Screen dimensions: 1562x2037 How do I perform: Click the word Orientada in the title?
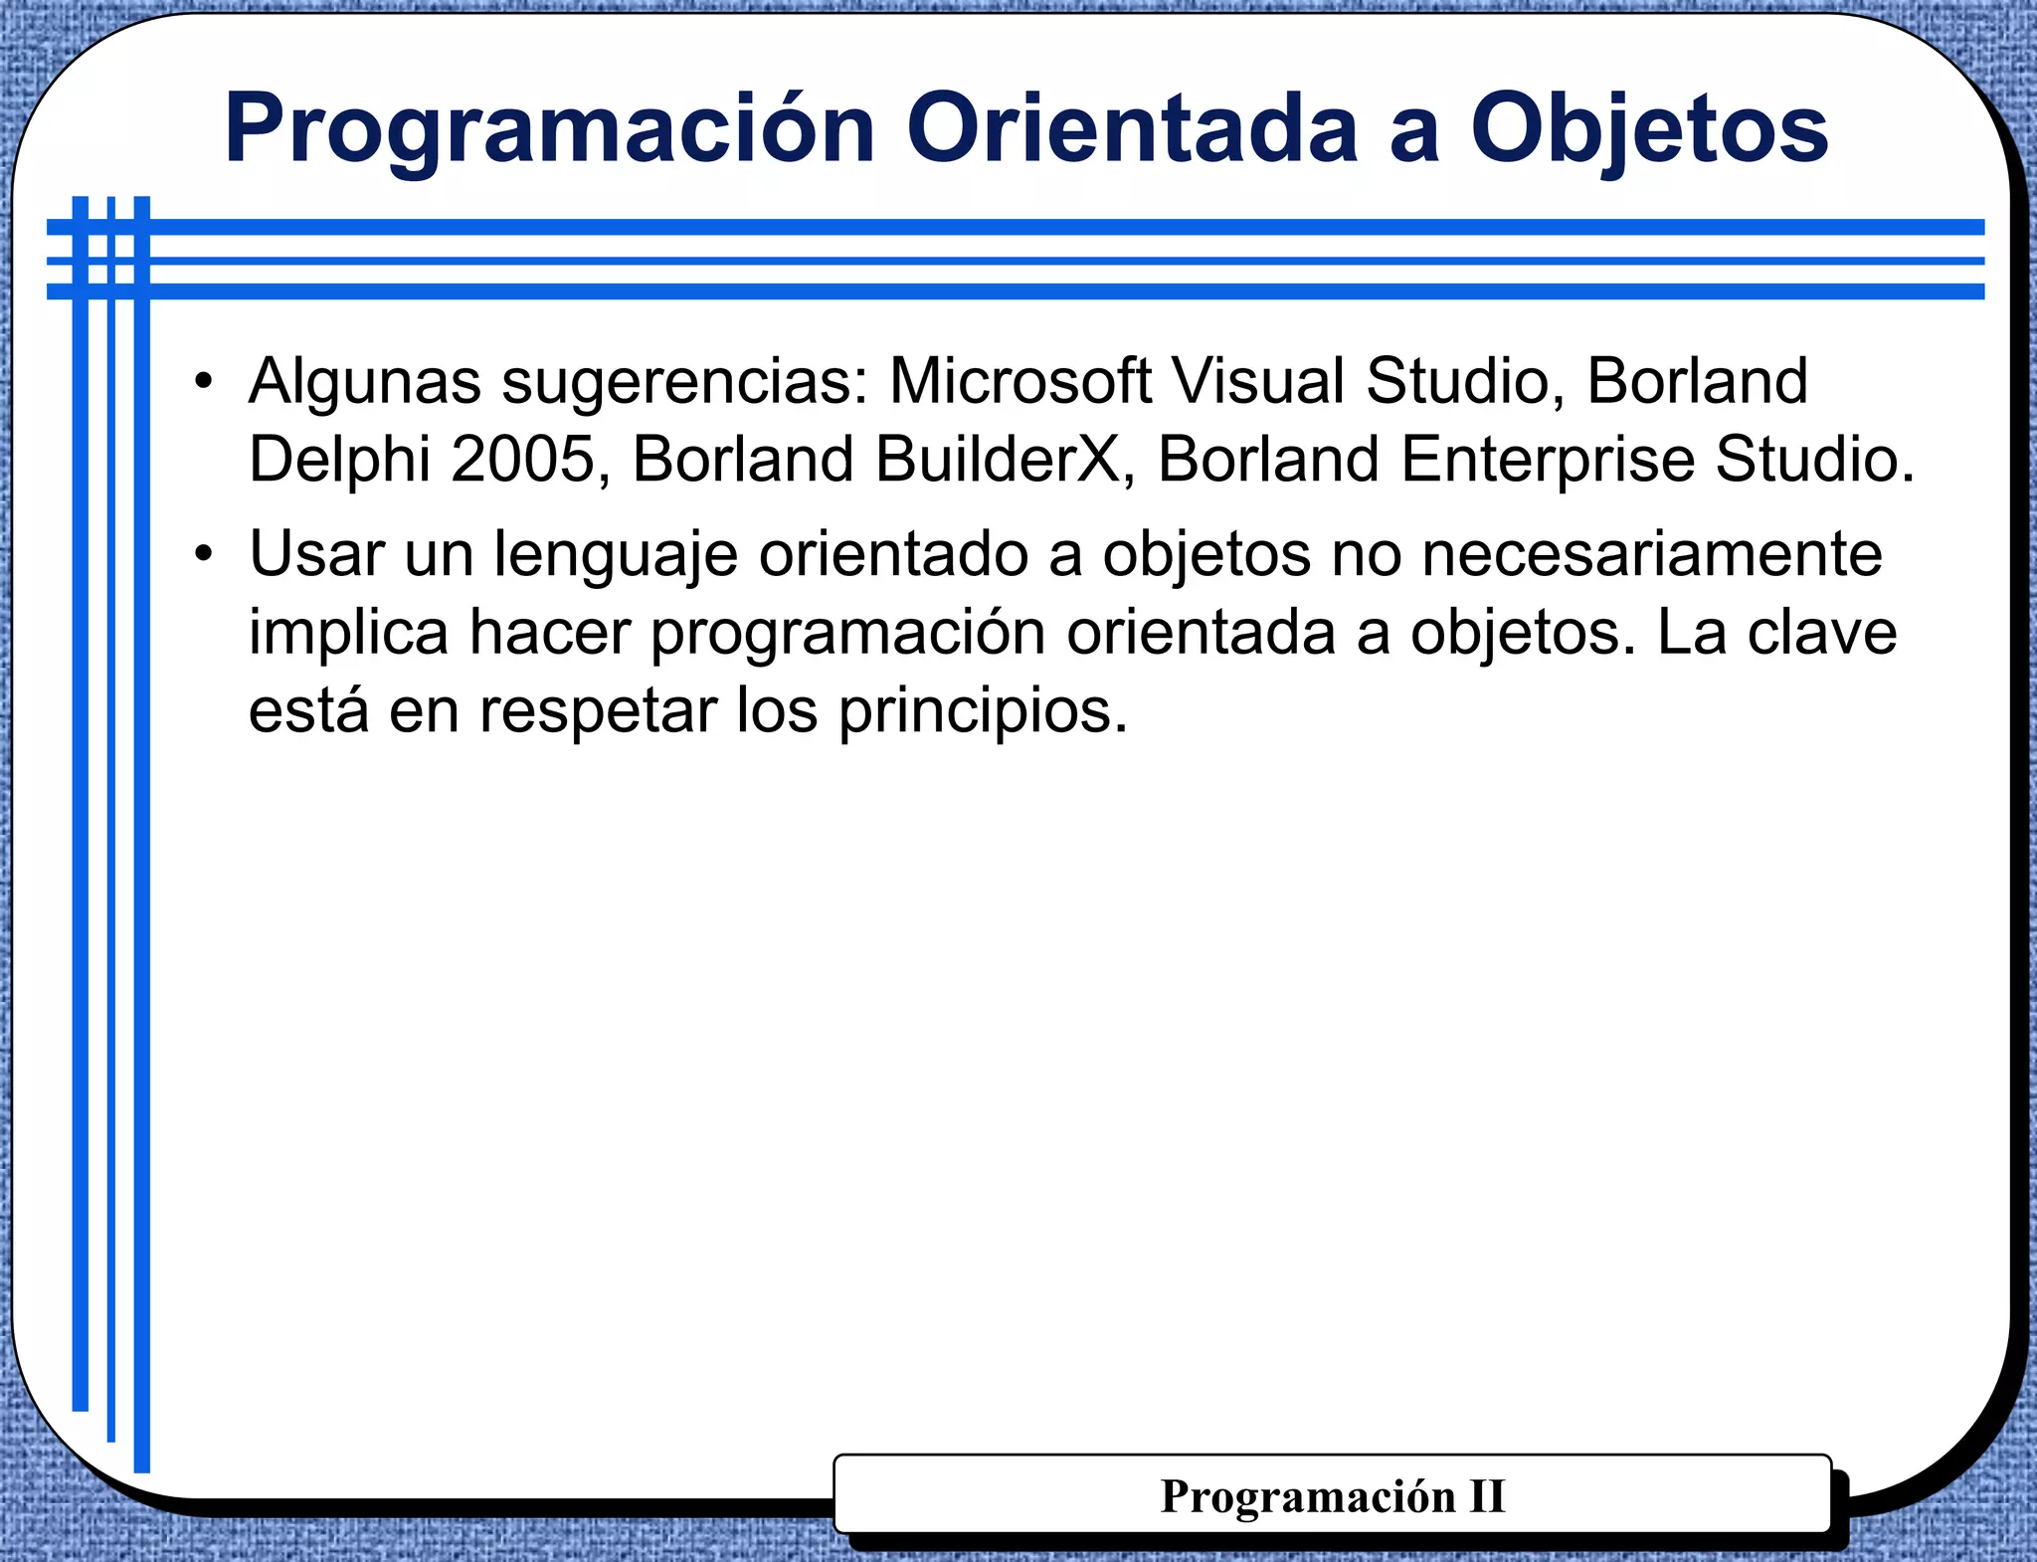[1132, 129]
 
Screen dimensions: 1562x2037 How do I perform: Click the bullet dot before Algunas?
[204, 381]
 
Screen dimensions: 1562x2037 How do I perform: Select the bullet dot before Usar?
[204, 553]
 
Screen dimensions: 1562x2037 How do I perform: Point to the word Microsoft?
[1019, 381]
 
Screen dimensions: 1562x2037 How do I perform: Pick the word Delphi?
[339, 460]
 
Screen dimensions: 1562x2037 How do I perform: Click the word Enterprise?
[1548, 462]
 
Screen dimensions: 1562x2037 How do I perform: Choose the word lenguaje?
[617, 555]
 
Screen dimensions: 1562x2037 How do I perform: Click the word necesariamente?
[1651, 553]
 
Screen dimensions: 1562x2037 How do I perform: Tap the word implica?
[348, 633]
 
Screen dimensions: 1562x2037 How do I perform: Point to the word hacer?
[550, 633]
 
